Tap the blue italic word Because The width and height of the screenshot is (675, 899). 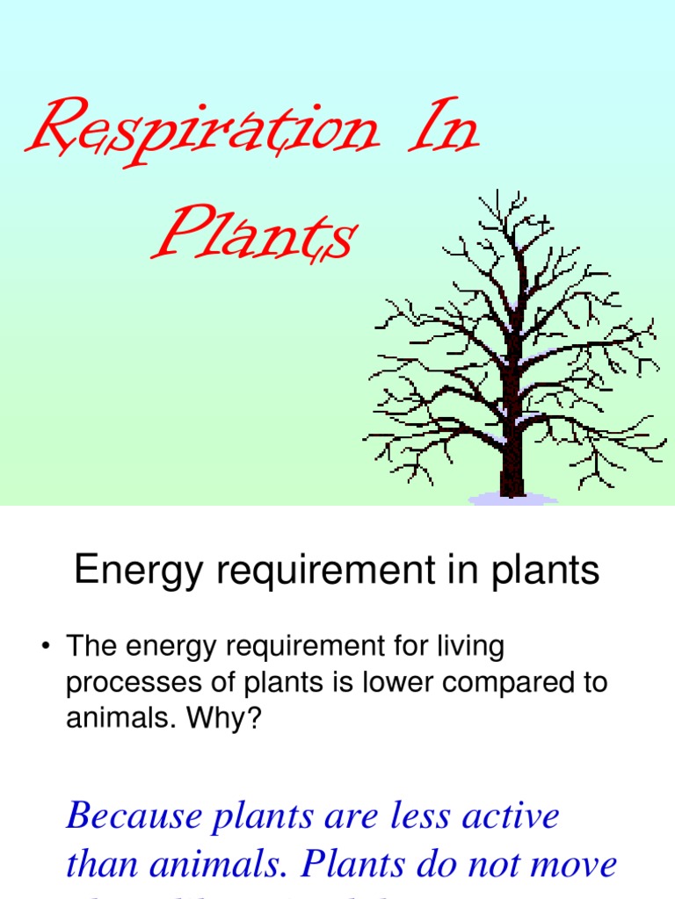[x=128, y=816]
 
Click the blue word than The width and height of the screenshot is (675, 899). [x=102, y=865]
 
